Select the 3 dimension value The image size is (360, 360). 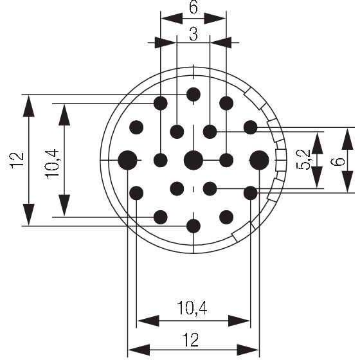click(194, 34)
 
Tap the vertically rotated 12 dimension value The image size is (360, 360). click(17, 160)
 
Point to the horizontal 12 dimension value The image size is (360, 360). click(191, 340)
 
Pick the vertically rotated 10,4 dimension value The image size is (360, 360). click(52, 164)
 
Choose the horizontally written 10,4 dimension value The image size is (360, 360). click(192, 308)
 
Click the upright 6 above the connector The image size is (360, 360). click(194, 7)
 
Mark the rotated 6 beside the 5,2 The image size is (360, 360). click(337, 160)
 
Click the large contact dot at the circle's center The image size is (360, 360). click(194, 160)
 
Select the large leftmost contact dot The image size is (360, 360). click(127, 160)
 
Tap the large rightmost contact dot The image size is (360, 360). click(259, 160)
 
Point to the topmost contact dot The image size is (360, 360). click(194, 94)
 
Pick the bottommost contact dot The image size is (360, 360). click(194, 226)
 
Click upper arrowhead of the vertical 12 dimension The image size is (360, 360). click(29, 105)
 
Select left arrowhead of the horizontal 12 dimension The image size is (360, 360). click(139, 350)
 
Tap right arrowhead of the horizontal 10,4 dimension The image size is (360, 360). click(239, 321)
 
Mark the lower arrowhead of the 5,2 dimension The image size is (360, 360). click(317, 177)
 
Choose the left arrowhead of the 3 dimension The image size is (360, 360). click(165, 42)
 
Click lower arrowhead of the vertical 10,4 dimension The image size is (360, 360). click(64, 206)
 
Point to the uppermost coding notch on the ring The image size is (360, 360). click(255, 98)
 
